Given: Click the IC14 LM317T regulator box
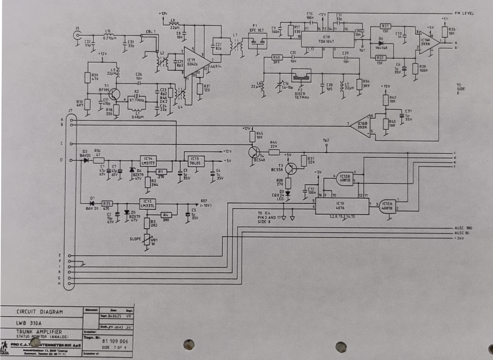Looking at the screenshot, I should pos(148,161).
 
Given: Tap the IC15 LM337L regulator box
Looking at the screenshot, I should pos(148,203).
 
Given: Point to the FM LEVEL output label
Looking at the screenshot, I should pos(464,14).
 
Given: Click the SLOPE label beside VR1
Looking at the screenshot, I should pos(135,239).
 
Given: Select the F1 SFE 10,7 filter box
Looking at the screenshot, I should pos(257,41).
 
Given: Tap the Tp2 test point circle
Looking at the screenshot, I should pos(326,146).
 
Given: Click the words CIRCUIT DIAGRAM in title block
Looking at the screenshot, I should pos(40,312).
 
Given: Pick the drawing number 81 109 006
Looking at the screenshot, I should pos(115,341).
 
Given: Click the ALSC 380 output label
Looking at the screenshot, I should pos(463,228).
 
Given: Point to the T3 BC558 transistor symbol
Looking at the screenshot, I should pos(291,168).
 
